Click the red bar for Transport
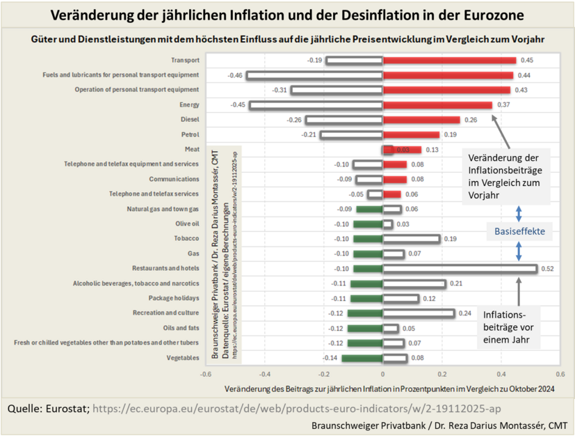[x=449, y=61]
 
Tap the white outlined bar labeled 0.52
[x=460, y=268]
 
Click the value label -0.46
[x=234, y=75]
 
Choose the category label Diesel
[x=189, y=120]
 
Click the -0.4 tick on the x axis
[x=265, y=374]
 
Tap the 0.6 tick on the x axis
[x=560, y=374]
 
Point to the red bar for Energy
[x=437, y=105]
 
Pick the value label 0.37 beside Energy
[x=503, y=105]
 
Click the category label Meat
[x=192, y=149]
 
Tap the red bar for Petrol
[x=411, y=134]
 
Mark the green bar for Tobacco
[x=368, y=238]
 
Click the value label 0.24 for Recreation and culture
[x=465, y=313]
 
